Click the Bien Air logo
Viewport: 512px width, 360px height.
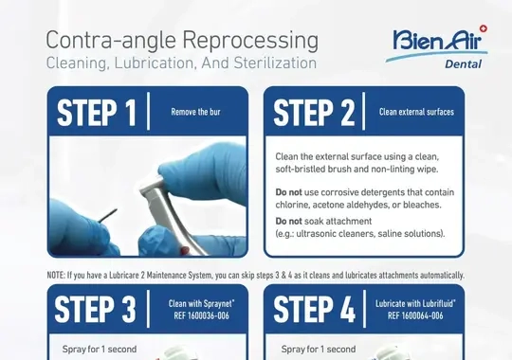point(436,46)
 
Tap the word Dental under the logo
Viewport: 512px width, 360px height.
point(463,64)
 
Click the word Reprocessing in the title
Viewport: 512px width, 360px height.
point(250,41)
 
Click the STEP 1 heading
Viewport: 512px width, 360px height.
point(97,113)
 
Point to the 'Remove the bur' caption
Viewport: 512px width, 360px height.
point(195,112)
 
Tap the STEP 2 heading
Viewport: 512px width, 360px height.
point(314,113)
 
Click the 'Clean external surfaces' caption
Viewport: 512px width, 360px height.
point(416,112)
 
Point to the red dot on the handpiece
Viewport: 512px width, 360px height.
point(185,251)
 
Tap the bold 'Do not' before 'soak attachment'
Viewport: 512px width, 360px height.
point(288,222)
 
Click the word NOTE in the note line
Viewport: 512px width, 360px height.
point(56,276)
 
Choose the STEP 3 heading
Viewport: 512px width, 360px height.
point(95,310)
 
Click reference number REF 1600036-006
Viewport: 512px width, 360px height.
point(201,315)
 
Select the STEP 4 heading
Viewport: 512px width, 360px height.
point(314,310)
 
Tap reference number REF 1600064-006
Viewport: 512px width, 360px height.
point(415,315)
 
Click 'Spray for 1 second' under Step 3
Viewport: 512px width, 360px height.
point(100,350)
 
